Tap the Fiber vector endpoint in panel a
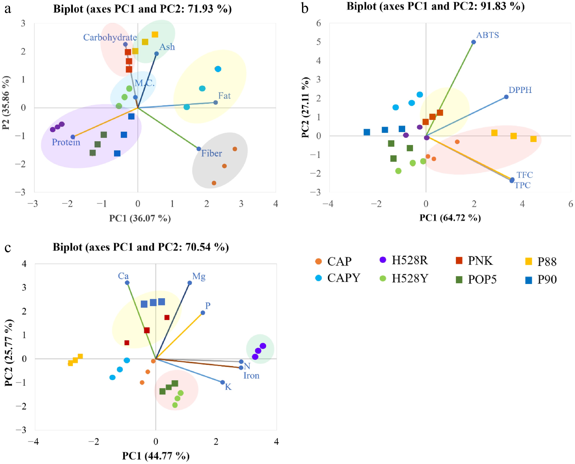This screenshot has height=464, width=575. click(198, 149)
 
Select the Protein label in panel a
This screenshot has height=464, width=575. click(66, 142)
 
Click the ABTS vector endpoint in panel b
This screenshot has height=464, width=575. click(474, 42)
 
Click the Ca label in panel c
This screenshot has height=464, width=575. click(123, 276)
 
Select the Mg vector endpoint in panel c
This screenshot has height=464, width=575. click(190, 283)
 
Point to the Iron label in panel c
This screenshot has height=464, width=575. click(251, 376)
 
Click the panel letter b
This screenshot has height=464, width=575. click(305, 9)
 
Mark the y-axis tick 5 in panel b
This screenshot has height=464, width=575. click(318, 42)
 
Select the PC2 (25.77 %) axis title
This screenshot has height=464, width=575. click(9, 353)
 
